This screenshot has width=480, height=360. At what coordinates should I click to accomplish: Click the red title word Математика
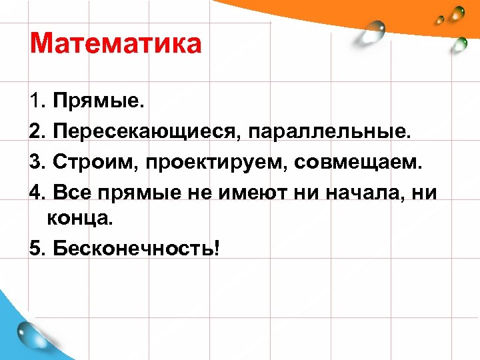click(115, 44)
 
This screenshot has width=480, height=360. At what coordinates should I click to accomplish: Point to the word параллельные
click(330, 131)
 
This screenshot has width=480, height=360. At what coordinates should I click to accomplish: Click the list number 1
click(35, 102)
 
